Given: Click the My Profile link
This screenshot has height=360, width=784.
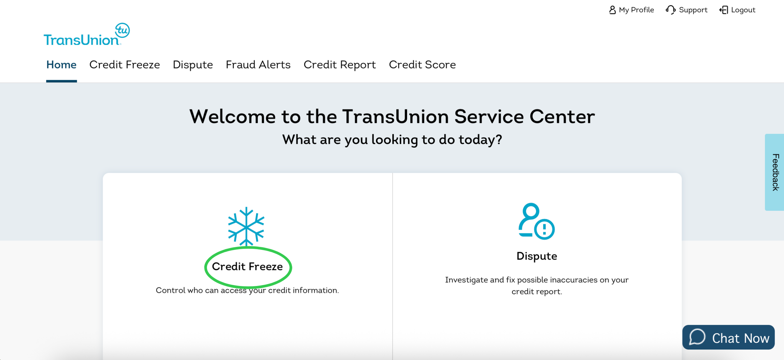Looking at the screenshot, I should (632, 10).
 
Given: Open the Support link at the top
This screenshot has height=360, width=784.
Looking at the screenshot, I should (687, 10).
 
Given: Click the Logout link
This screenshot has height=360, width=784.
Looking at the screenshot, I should (737, 10).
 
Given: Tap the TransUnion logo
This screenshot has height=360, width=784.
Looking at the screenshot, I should (87, 34).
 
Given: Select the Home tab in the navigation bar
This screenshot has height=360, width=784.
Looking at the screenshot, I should (61, 65).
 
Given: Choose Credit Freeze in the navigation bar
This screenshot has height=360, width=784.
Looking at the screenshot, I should (124, 65).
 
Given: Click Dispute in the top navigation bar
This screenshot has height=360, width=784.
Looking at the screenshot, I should (193, 65).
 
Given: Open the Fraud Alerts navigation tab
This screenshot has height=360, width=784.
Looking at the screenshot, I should (258, 65).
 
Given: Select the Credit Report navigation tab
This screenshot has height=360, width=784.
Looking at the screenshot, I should (340, 65).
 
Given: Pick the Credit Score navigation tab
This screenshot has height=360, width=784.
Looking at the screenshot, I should (422, 65).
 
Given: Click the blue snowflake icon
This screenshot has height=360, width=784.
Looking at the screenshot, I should (246, 226).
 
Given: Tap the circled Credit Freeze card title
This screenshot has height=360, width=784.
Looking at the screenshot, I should (247, 267).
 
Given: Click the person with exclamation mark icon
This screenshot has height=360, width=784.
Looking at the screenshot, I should (536, 221).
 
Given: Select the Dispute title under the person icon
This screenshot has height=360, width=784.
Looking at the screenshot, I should (537, 256).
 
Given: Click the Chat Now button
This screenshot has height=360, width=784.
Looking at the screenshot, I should (728, 337).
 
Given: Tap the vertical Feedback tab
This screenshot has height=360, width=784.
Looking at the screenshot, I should (775, 172).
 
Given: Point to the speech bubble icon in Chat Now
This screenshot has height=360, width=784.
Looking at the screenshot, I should (697, 337).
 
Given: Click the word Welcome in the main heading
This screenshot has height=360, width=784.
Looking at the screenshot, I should (232, 117).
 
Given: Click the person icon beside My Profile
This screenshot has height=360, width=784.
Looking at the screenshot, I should (612, 10).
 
